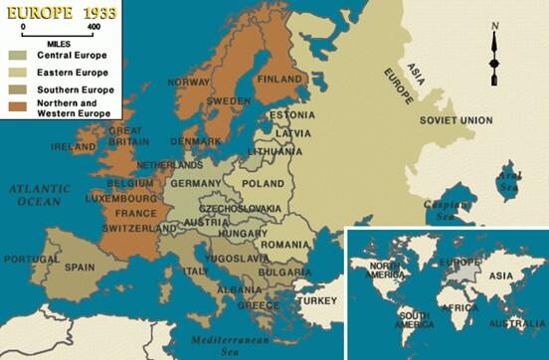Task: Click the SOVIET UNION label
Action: (x=454, y=120)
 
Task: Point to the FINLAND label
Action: (x=280, y=79)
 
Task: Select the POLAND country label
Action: (x=263, y=184)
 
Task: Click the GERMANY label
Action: (x=194, y=183)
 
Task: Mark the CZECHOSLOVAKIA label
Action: (x=240, y=208)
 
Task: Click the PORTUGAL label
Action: (x=25, y=259)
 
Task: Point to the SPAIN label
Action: (x=80, y=267)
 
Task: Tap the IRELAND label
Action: (x=72, y=146)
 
